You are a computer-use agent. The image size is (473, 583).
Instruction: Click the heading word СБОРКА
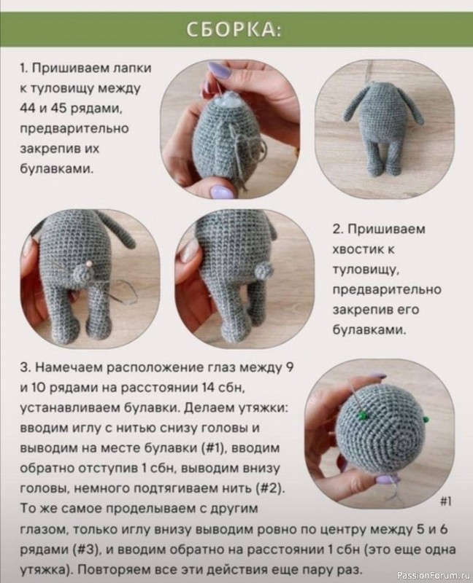point(235,29)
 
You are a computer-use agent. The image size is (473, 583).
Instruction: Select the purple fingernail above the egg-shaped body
point(220,71)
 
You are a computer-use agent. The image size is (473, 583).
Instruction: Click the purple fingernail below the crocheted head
point(385,480)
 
